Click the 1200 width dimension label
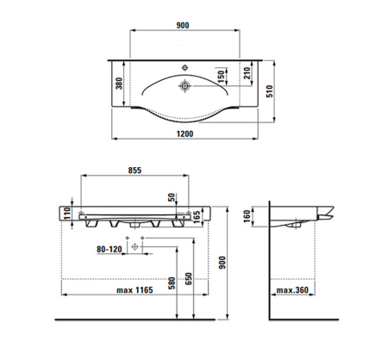pyautogui.click(x=185, y=133)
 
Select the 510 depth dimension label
pyautogui.click(x=270, y=91)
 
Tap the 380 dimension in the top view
pyautogui.click(x=119, y=84)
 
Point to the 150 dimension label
pyautogui.click(x=221, y=77)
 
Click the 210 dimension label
pyautogui.click(x=247, y=73)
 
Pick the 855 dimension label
pyautogui.click(x=135, y=171)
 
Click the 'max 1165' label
pyautogui.click(x=135, y=290)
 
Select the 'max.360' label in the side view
pyautogui.click(x=292, y=290)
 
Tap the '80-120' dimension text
pyautogui.click(x=110, y=249)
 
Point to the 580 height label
pyautogui.click(x=172, y=283)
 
